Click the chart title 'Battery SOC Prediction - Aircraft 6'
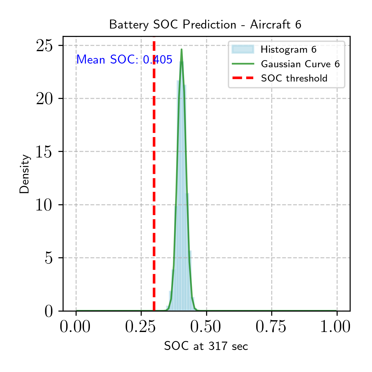[x=205, y=25]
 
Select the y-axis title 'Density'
[x=24, y=174]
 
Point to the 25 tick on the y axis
[x=44, y=46]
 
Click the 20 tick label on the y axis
[x=44, y=99]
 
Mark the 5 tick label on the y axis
[x=49, y=258]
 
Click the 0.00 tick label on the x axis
[x=75, y=326]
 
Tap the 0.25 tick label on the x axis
[x=140, y=326]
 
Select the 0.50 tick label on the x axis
[x=206, y=326]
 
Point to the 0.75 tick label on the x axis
[x=271, y=326]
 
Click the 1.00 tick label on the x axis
[x=335, y=326]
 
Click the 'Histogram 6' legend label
[x=289, y=50]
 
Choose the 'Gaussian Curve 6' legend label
[x=300, y=64]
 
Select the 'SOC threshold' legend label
[x=294, y=78]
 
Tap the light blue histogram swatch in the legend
[x=243, y=49]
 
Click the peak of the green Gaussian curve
[x=182, y=49]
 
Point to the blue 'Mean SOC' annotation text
[x=124, y=60]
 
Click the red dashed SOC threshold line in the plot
[x=154, y=174]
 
